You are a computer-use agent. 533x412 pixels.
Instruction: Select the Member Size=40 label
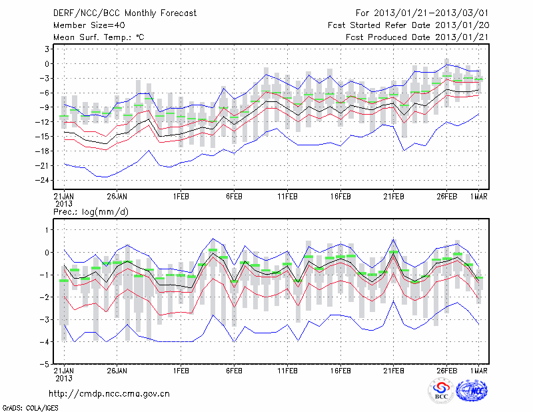85,25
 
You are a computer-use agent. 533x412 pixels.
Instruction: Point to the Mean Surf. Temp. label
99,37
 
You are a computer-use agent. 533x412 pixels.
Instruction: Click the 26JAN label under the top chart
117,197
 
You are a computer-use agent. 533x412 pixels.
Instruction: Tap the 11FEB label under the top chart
286,197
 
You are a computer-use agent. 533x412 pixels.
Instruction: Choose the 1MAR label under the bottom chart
479,370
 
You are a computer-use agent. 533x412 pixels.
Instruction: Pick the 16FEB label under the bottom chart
340,370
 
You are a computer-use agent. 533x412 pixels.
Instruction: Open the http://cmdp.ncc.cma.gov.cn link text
109,394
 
